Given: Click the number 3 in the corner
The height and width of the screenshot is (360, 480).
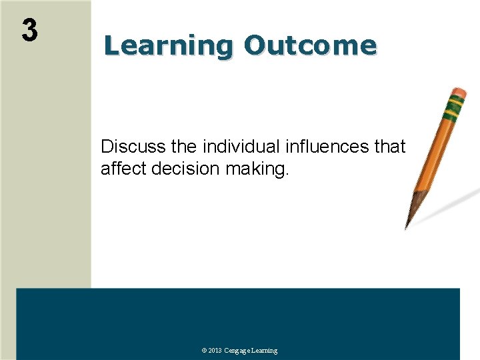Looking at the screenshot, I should [x=29, y=31].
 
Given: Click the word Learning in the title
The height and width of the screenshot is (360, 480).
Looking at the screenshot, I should [x=168, y=46].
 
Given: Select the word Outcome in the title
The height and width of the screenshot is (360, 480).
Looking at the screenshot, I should [x=310, y=45].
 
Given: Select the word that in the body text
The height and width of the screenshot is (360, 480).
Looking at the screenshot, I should [x=390, y=147].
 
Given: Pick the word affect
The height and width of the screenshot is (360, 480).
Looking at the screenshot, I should [x=124, y=169].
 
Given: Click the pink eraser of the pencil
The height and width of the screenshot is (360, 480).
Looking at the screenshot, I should [x=459, y=92].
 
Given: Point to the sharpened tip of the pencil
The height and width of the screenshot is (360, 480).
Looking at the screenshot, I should [x=407, y=224].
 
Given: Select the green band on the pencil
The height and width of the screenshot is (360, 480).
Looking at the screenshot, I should [x=454, y=105].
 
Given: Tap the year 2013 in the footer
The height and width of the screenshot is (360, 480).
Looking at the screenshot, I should [x=215, y=351].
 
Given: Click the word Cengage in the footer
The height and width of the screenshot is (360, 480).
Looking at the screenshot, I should [x=238, y=351].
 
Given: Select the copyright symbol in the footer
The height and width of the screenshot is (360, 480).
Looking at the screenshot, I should [x=204, y=351].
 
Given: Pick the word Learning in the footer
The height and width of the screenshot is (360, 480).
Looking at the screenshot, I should [x=265, y=351].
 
